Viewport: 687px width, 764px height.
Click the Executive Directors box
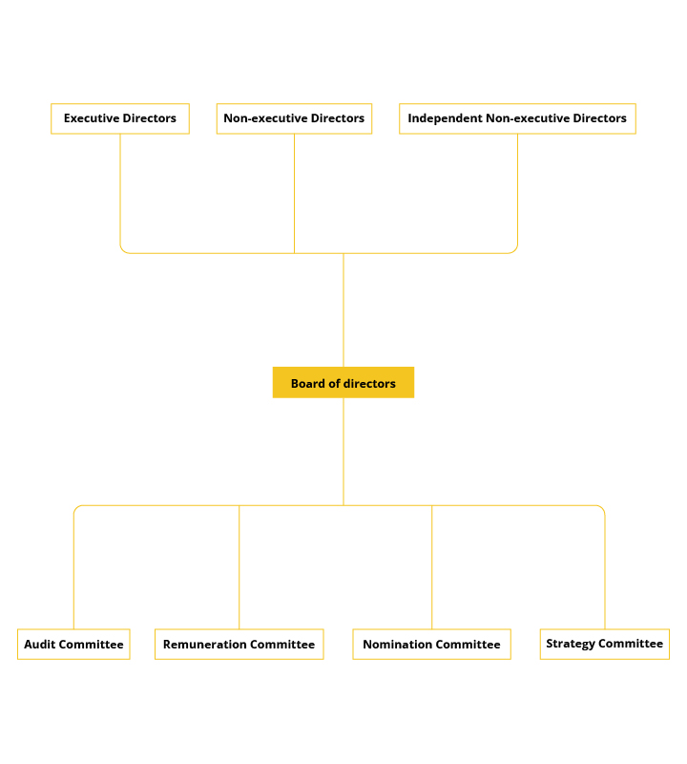(x=120, y=118)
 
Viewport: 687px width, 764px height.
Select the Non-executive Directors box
(x=294, y=118)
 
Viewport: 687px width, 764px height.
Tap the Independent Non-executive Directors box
(x=517, y=118)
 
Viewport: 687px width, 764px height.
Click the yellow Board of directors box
(x=343, y=383)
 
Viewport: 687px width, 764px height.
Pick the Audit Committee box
(x=73, y=644)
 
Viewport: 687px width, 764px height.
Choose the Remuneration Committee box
(x=239, y=644)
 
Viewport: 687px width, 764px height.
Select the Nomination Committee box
(x=431, y=644)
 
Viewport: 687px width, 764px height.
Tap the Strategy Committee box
(x=605, y=644)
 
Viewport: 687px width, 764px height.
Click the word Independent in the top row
(x=445, y=118)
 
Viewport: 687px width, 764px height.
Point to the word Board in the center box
(x=307, y=384)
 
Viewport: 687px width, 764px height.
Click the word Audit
(x=38, y=644)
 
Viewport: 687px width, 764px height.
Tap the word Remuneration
(x=204, y=644)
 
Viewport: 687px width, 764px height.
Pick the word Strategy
(x=571, y=644)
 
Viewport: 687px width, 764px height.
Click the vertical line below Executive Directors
(x=120, y=189)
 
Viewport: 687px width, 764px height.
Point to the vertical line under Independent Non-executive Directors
(x=517, y=189)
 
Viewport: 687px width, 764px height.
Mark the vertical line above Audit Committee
(x=74, y=571)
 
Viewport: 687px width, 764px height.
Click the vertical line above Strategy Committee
(x=605, y=571)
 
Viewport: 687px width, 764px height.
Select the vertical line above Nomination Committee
(x=432, y=567)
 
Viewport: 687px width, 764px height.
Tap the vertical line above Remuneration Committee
(x=239, y=567)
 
